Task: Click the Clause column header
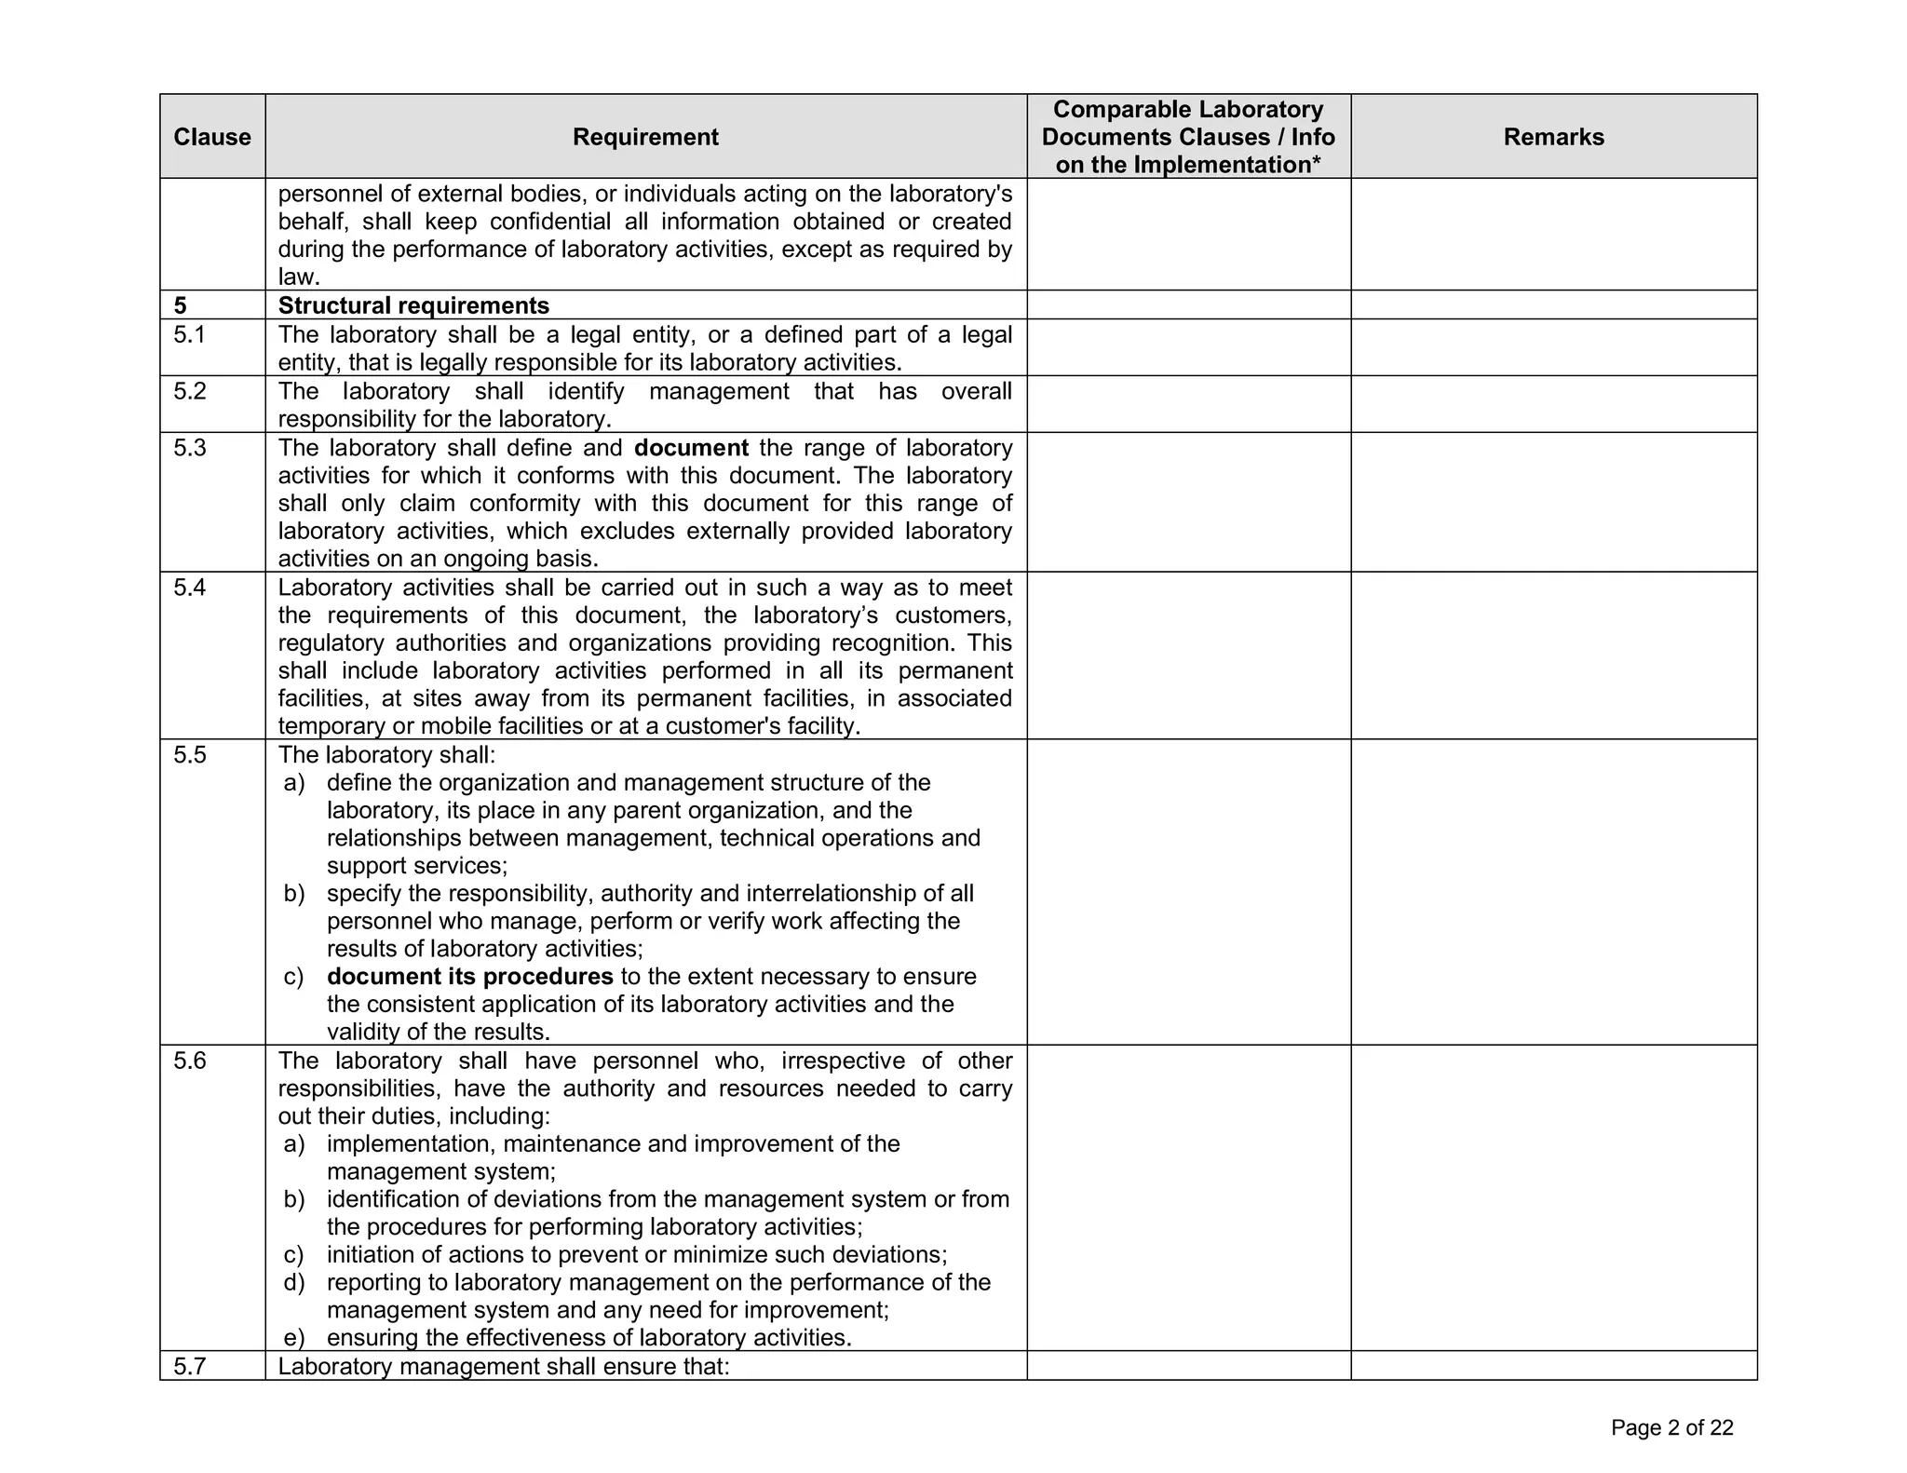coord(211,137)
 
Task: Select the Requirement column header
coord(645,137)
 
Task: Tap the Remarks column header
coord(1553,137)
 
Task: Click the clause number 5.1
coord(189,334)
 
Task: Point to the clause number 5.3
coord(189,448)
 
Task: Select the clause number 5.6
coord(189,1061)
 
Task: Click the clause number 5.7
coord(189,1366)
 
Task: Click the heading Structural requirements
coord(413,305)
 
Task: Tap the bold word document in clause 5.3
coord(691,448)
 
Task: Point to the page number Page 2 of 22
coord(1671,1427)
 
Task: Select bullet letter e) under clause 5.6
coord(294,1338)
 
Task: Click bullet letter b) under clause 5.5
coord(294,894)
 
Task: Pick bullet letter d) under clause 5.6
coord(294,1282)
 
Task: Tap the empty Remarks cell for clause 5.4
coord(1553,655)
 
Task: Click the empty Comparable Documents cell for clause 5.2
coord(1188,404)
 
